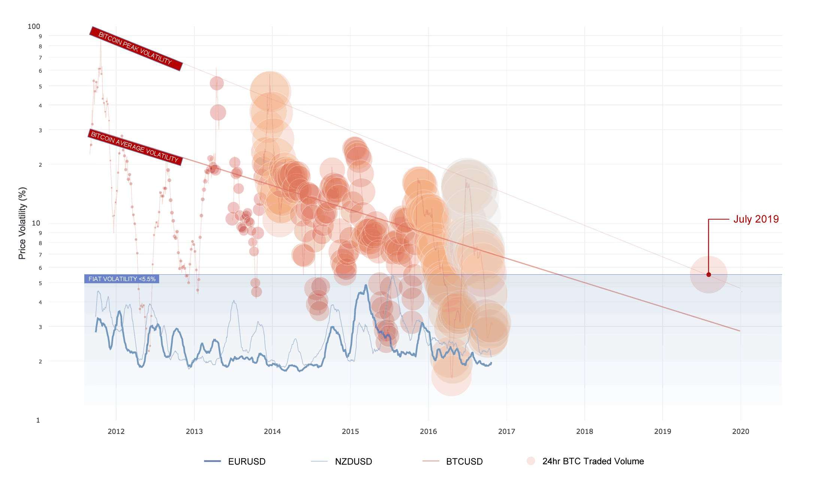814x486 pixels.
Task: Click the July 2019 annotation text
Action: click(756, 219)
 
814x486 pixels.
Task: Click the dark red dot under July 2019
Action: click(708, 275)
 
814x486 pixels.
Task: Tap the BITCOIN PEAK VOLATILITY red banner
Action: click(136, 48)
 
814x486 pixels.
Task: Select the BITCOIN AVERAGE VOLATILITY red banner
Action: click(135, 147)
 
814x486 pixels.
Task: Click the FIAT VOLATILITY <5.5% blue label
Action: click(122, 279)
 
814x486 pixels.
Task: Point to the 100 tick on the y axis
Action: click(34, 26)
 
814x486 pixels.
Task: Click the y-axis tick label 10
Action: click(36, 223)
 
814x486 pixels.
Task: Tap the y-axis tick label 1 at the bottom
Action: click(38, 420)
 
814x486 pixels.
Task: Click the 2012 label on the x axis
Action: click(116, 432)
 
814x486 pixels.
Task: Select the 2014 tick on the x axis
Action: click(272, 432)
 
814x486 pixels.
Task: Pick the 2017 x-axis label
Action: click(506, 432)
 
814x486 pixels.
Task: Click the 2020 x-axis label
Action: click(741, 432)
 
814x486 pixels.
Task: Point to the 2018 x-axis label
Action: click(584, 432)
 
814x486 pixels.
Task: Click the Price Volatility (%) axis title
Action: click(22, 223)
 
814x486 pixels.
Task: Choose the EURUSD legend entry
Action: click(246, 462)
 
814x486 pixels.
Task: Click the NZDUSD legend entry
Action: click(353, 462)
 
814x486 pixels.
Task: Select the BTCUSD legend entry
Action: click(464, 462)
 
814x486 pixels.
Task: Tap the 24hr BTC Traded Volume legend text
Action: click(593, 461)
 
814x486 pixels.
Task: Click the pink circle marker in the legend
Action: click(530, 461)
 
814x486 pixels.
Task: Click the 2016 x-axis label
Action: click(428, 432)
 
